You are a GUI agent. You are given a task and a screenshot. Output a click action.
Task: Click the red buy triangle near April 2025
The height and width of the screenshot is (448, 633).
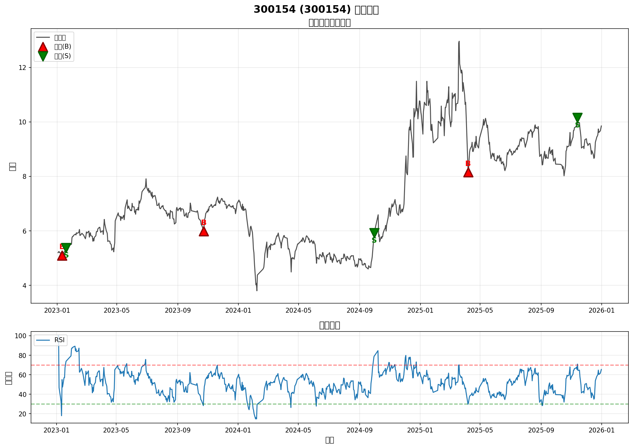click(x=468, y=172)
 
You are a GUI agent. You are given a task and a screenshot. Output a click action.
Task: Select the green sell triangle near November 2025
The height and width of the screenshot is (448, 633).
click(x=577, y=118)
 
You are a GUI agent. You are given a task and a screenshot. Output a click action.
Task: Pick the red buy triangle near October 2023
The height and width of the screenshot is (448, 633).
click(x=204, y=231)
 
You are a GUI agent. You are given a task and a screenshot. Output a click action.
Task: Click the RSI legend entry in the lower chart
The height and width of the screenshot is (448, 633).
click(x=59, y=340)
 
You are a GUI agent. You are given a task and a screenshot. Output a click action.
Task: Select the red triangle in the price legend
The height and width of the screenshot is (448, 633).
click(x=43, y=47)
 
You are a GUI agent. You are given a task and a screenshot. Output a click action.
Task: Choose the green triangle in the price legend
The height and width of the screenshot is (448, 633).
click(x=43, y=56)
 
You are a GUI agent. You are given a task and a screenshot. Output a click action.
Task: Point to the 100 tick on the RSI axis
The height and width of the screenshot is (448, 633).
click(x=20, y=336)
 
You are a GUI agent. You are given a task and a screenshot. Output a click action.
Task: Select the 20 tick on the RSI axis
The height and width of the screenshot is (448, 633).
click(x=22, y=414)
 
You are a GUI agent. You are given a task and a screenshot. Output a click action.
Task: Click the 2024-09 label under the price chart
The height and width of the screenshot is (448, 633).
click(x=359, y=311)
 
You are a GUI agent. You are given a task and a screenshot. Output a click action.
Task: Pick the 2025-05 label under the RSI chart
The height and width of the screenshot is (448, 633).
click(x=480, y=430)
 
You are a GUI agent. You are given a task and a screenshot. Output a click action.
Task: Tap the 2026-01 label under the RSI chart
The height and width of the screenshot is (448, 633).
click(x=601, y=430)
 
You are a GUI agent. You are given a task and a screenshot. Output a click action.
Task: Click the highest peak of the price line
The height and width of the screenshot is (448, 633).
click(x=459, y=41)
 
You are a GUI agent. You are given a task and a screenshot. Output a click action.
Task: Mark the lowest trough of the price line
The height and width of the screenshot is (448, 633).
click(x=257, y=290)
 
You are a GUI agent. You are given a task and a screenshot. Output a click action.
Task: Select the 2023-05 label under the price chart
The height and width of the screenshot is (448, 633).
click(x=117, y=311)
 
